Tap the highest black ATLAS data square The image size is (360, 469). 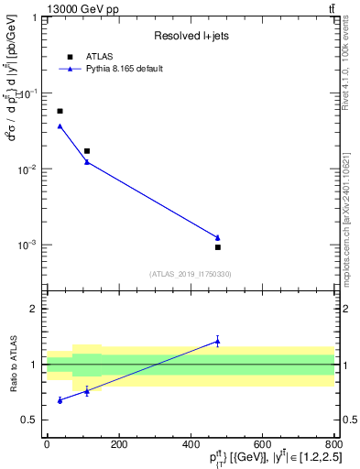pyautogui.click(x=60, y=111)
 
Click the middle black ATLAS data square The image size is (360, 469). pyautogui.click(x=87, y=151)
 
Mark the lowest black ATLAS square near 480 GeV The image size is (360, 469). pyautogui.click(x=218, y=247)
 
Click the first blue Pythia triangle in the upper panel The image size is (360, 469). pyautogui.click(x=60, y=125)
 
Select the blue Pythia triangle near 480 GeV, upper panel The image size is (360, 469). pyautogui.click(x=218, y=237)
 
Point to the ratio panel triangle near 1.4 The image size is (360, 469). pyautogui.click(x=218, y=341)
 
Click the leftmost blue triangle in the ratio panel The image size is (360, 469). pyautogui.click(x=60, y=400)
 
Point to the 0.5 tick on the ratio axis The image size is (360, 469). pyautogui.click(x=33, y=420)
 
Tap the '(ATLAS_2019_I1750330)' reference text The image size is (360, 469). pyautogui.click(x=190, y=274)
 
